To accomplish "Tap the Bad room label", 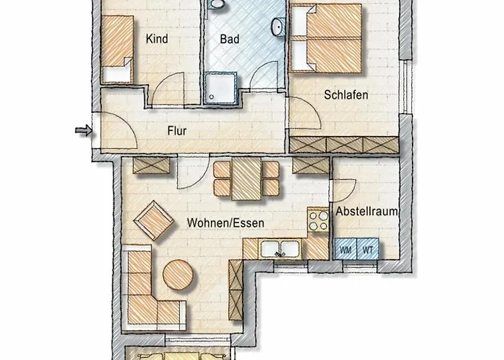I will click(x=230, y=39).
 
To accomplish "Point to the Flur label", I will click(x=177, y=132).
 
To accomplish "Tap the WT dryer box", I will click(x=368, y=248).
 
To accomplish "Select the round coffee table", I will click(x=179, y=274).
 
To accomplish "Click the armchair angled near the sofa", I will click(x=156, y=219).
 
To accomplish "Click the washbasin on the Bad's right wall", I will click(x=276, y=27).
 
